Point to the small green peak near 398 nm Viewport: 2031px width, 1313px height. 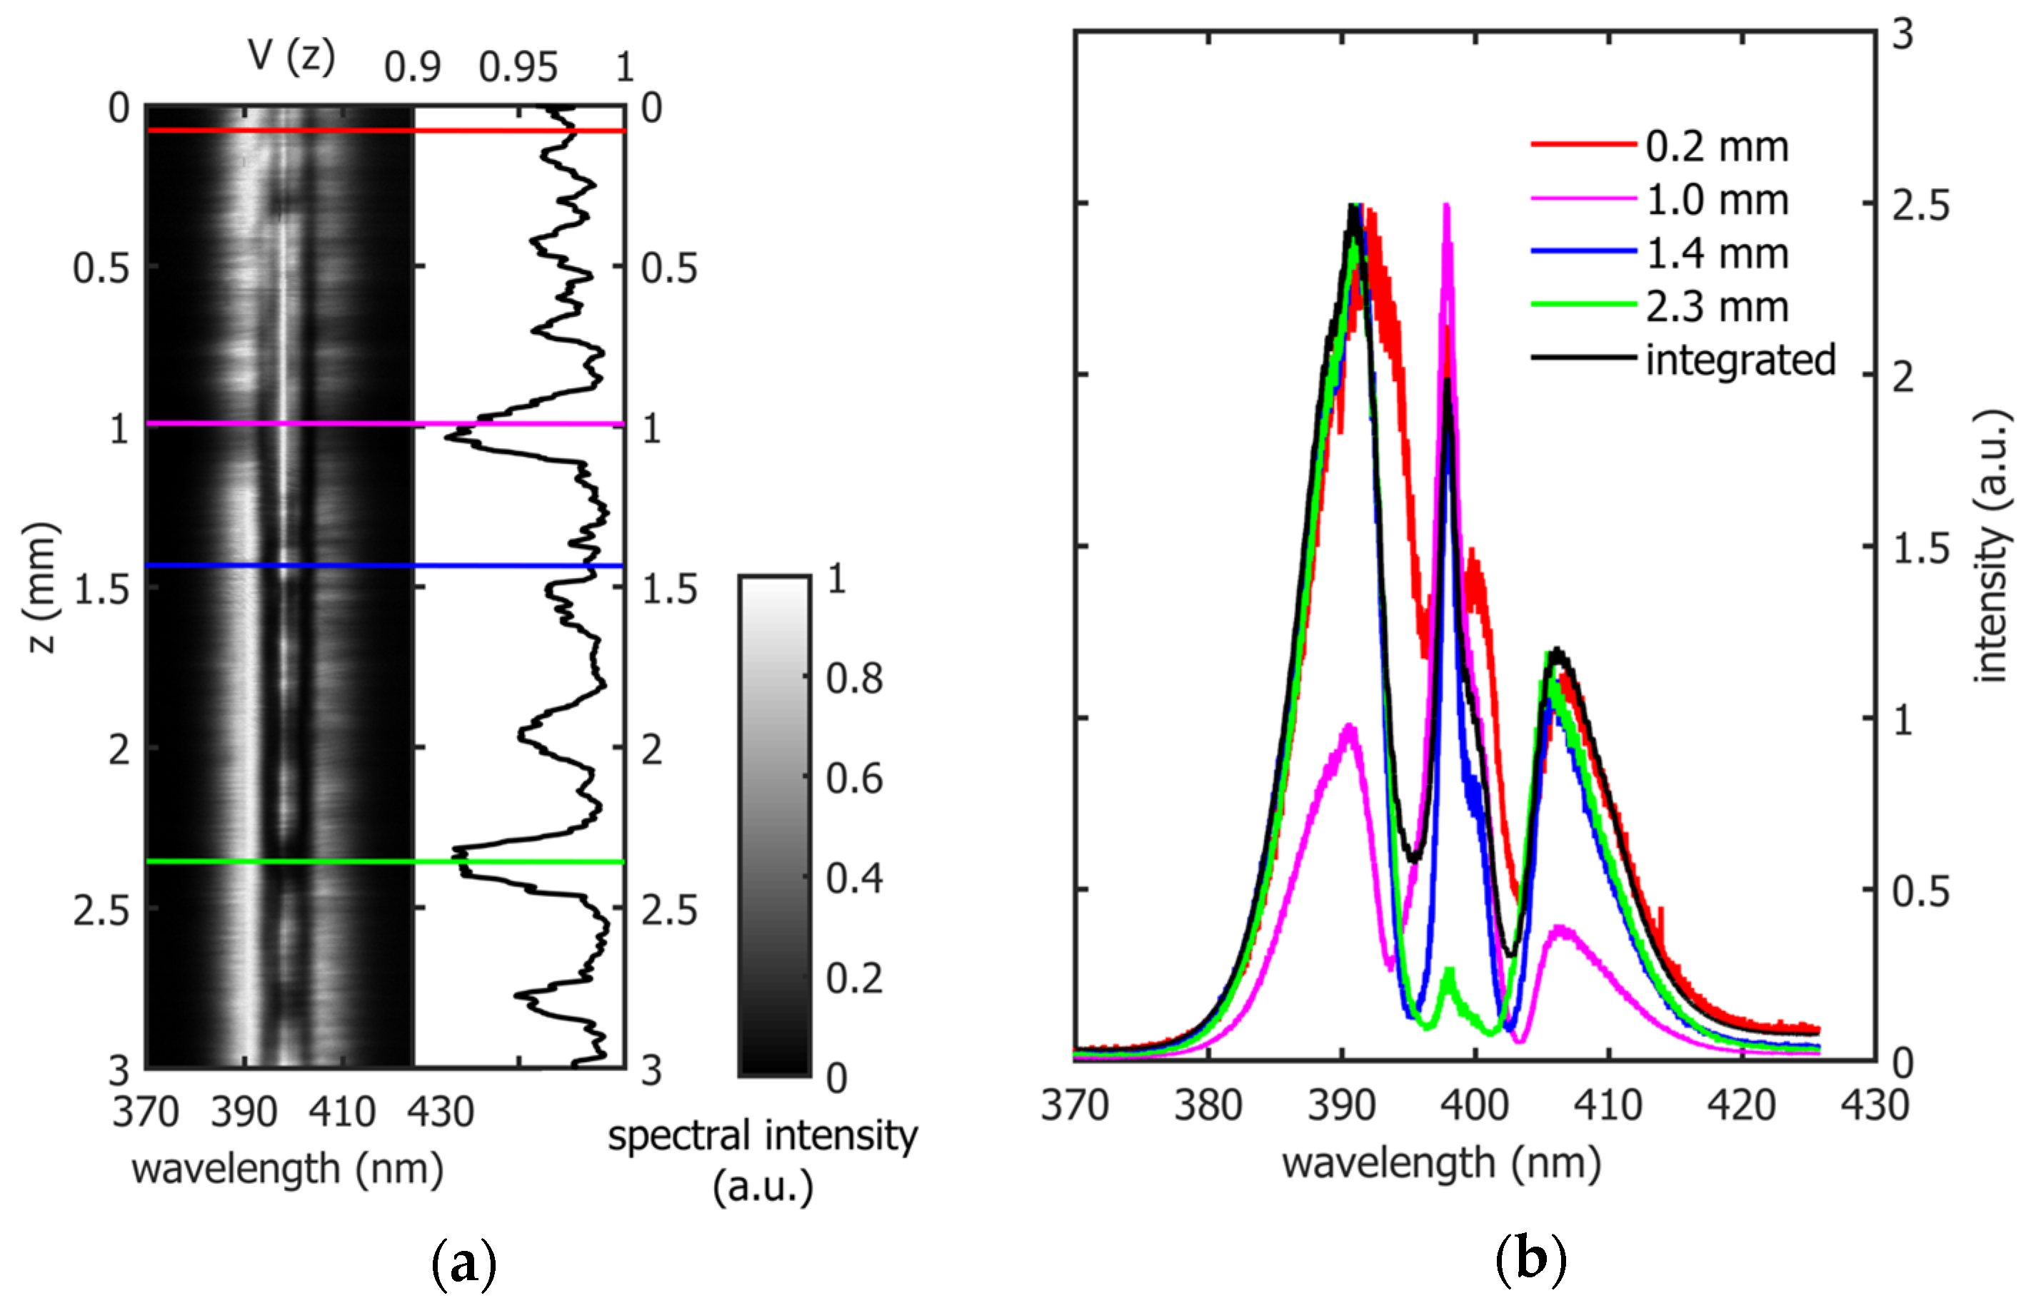point(1448,972)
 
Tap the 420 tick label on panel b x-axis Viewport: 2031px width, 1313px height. point(1741,1106)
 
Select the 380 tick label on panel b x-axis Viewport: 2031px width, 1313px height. point(1208,1106)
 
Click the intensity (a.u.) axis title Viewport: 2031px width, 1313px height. point(1992,546)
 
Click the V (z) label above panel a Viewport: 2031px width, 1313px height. point(291,56)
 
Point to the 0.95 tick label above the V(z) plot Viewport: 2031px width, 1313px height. point(518,67)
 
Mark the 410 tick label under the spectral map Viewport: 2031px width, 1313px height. point(342,1112)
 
